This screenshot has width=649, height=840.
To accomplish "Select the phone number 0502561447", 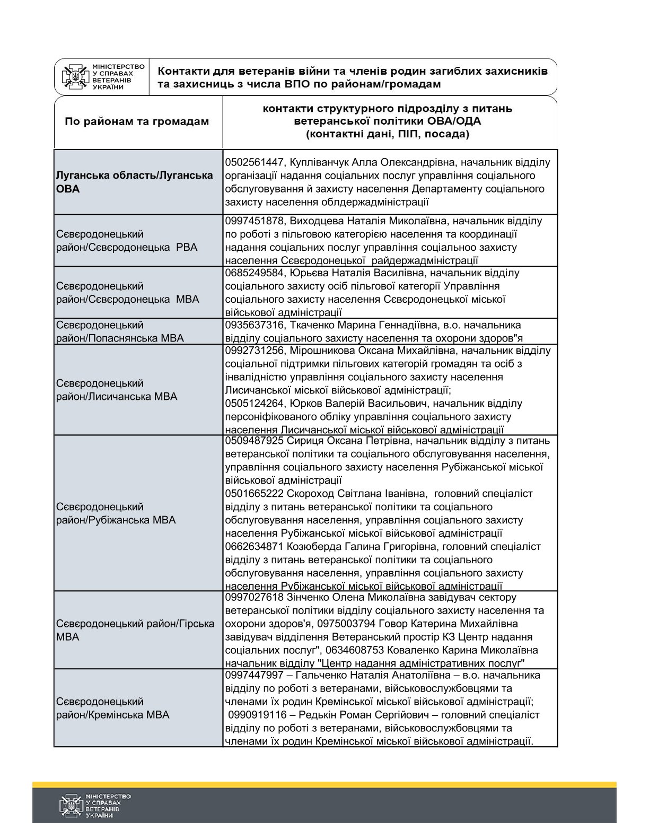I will (254, 162).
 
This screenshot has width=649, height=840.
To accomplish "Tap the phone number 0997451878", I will (254, 221).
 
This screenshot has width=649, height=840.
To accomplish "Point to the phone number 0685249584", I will (254, 273).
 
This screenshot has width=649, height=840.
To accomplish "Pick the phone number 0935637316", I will (254, 325).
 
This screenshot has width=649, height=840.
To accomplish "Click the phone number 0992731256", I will (254, 351).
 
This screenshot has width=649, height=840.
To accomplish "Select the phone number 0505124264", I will (254, 404).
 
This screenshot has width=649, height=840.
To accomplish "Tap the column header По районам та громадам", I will (137, 121).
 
